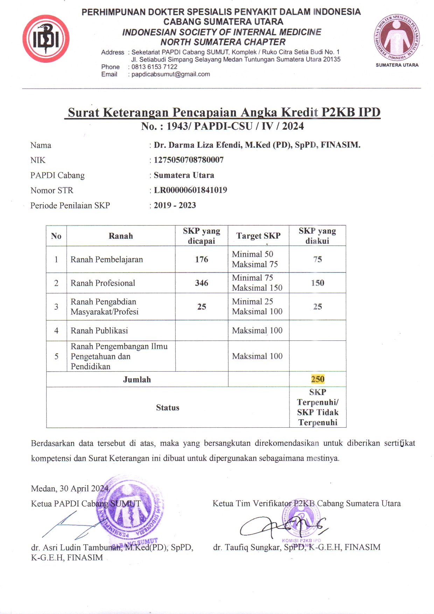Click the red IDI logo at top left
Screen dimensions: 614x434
(46, 39)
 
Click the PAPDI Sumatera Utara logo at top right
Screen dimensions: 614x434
(397, 38)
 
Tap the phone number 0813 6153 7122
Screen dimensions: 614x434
(154, 67)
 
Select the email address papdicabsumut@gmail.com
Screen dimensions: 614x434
(170, 74)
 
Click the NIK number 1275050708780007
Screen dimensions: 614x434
(189, 160)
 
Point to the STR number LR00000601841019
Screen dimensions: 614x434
(190, 190)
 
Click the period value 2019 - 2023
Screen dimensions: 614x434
(175, 205)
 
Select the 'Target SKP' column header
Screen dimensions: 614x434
(258, 236)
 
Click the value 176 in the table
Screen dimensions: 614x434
(202, 260)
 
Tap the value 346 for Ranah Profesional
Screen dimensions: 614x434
(202, 283)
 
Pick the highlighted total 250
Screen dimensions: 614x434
(317, 379)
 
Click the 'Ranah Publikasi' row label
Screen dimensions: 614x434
(99, 331)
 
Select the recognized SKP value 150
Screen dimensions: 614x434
(317, 283)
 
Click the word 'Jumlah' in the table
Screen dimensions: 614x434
(137, 380)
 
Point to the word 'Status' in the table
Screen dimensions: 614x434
(168, 408)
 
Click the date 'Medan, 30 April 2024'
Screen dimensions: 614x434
(70, 489)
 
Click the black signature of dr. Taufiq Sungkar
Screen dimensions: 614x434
(280, 525)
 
